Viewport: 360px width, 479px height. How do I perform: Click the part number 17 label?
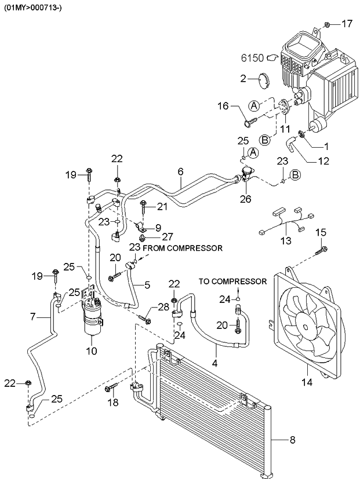pyautogui.click(x=346, y=24)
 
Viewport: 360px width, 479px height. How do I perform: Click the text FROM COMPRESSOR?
pyautogui.click(x=183, y=248)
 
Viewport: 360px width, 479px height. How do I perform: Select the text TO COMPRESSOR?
pyautogui.click(x=232, y=281)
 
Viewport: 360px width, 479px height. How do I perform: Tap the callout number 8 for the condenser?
pyautogui.click(x=292, y=440)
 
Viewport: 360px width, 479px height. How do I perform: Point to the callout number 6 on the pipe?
pyautogui.click(x=180, y=171)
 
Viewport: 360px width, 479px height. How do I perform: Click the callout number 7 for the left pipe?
pyautogui.click(x=34, y=316)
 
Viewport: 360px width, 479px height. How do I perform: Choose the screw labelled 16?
pyautogui.click(x=249, y=122)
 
